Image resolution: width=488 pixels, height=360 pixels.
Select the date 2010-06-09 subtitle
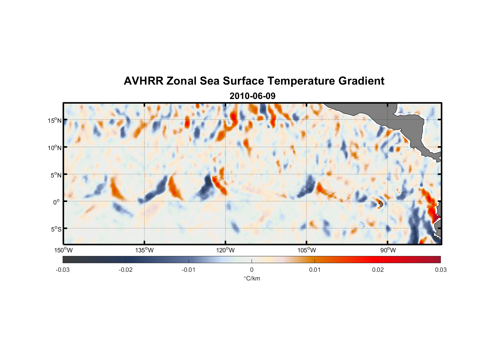pos(252,96)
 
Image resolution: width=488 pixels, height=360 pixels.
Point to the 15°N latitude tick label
pos(55,120)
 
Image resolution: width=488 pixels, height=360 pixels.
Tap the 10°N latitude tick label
pos(55,148)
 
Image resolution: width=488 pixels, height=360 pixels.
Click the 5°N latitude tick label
pos(56,175)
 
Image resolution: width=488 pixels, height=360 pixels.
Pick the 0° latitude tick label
pos(57,202)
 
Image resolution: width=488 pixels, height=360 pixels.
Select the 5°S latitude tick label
pos(56,229)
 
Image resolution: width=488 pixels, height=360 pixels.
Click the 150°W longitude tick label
pos(63,250)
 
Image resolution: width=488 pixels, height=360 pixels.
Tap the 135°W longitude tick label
pos(144,250)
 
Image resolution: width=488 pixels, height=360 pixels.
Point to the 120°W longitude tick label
pos(225,250)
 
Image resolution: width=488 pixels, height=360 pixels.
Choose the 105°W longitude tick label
pos(307,250)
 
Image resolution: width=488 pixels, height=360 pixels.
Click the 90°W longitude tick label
pos(388,250)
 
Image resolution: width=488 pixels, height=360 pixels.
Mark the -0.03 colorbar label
pos(63,270)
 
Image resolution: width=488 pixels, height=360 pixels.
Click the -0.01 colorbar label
pos(189,270)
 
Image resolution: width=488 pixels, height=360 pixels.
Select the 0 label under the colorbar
pos(252,270)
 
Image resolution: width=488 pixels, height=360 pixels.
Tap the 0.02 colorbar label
pos(378,270)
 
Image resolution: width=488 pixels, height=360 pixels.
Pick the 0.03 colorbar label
pos(440,270)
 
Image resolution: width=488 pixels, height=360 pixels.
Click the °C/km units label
pos(252,279)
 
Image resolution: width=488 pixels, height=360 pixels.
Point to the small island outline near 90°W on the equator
pos(380,204)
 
